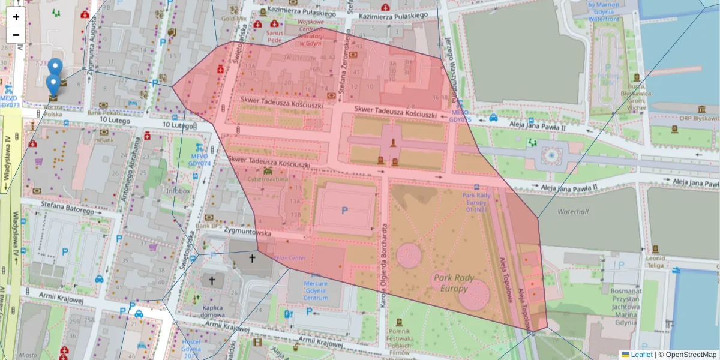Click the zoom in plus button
16,17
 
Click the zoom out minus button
16,35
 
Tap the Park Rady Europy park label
454,283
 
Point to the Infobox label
178,191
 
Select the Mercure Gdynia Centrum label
315,290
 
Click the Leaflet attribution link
641,355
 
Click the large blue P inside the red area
344,211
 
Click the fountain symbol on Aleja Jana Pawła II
551,155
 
